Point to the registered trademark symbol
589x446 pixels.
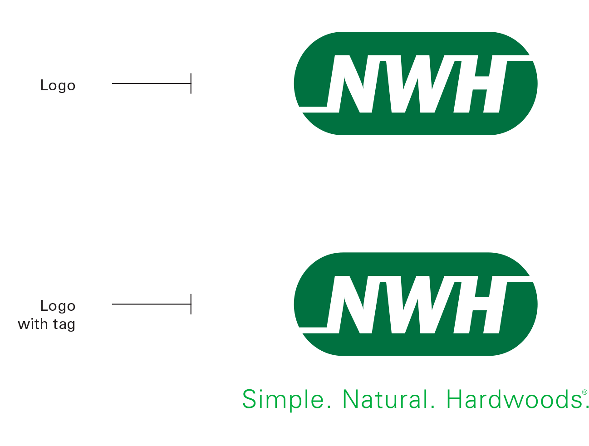[584, 392]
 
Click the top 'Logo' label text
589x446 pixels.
[58, 85]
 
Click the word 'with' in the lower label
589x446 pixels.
[33, 324]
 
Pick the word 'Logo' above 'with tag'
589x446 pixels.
[58, 306]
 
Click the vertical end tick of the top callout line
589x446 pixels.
[191, 83]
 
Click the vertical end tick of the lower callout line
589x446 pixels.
[191, 304]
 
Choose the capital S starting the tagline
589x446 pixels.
[249, 400]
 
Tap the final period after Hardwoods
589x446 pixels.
[586, 407]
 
